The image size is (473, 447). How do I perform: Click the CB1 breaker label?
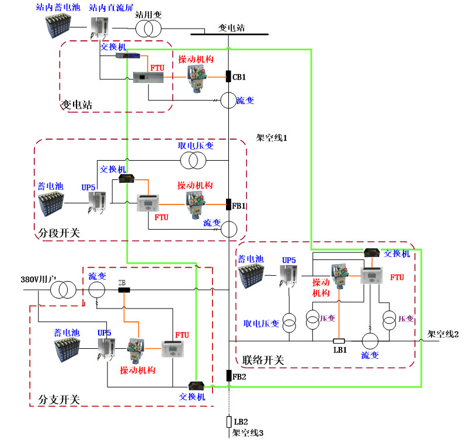[239, 77]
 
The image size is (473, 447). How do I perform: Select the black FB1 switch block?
[229, 205]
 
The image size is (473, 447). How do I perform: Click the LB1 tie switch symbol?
[339, 341]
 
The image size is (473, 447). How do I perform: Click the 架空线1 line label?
[272, 138]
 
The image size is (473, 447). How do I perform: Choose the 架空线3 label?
[248, 433]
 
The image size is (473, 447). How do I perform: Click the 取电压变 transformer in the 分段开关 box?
[193, 160]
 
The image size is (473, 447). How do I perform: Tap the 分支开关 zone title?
[59, 400]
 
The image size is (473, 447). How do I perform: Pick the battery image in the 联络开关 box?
[256, 276]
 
